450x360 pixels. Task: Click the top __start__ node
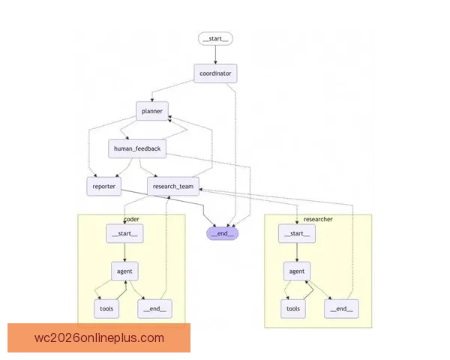[x=216, y=39]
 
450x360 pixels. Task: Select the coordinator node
[x=216, y=73]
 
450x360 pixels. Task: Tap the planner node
[x=151, y=111]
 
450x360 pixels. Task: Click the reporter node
[x=104, y=186]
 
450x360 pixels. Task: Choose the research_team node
[x=172, y=186]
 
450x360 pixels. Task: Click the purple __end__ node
[x=223, y=232]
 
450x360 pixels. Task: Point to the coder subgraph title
[x=131, y=219]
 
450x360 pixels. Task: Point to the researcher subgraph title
[x=318, y=219]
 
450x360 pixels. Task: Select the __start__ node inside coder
[x=124, y=234]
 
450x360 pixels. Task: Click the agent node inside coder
[x=124, y=271]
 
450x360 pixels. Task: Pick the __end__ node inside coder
[x=154, y=308]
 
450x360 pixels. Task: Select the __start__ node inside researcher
[x=296, y=235]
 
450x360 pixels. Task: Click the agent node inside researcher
[x=297, y=271]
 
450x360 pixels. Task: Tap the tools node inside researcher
[x=293, y=308]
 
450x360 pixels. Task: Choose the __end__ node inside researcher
[x=340, y=308]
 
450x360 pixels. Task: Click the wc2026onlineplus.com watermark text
[x=99, y=337]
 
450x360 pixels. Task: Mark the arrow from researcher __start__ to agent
[x=296, y=253]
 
